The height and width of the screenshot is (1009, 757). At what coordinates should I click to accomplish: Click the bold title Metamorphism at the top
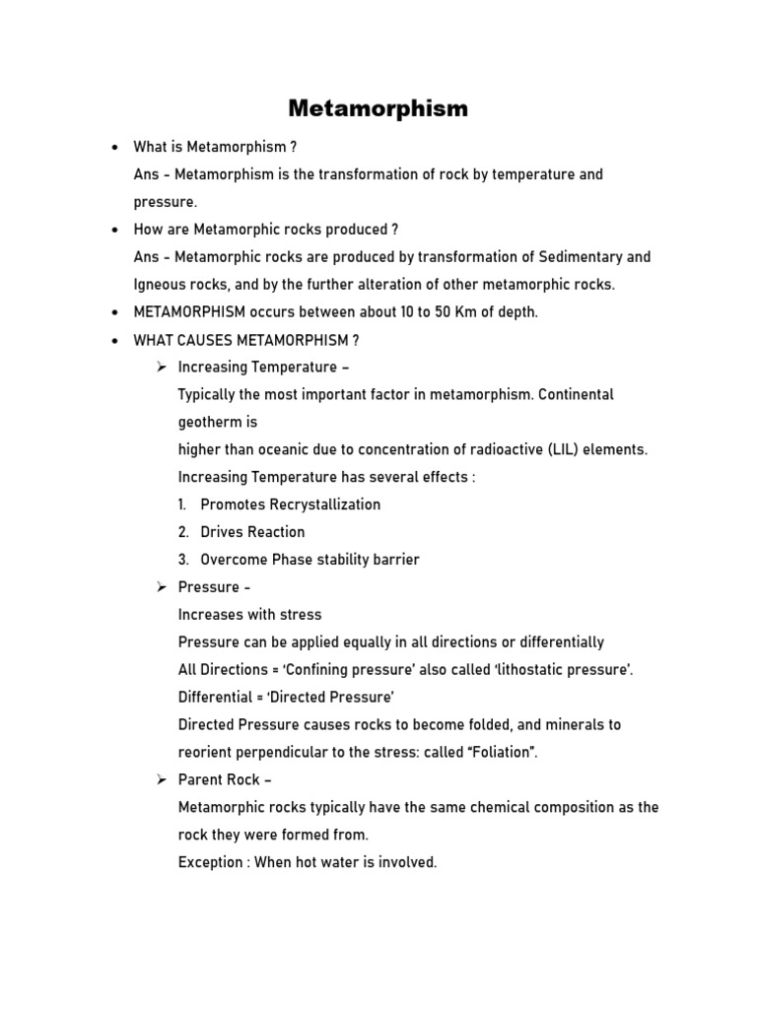[378, 108]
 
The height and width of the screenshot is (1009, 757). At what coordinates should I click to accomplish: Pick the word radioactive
[504, 449]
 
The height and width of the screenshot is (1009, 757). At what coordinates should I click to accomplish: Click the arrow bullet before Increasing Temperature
[162, 367]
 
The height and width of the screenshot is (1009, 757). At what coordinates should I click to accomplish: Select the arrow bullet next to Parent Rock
[162, 779]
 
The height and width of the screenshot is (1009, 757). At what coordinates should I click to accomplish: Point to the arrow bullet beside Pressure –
[162, 586]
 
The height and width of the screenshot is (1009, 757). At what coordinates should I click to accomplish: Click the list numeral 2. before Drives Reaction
[183, 532]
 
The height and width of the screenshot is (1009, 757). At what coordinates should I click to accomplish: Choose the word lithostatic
[542, 670]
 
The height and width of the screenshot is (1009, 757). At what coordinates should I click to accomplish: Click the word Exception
[210, 862]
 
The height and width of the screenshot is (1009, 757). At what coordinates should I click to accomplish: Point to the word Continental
[577, 394]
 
